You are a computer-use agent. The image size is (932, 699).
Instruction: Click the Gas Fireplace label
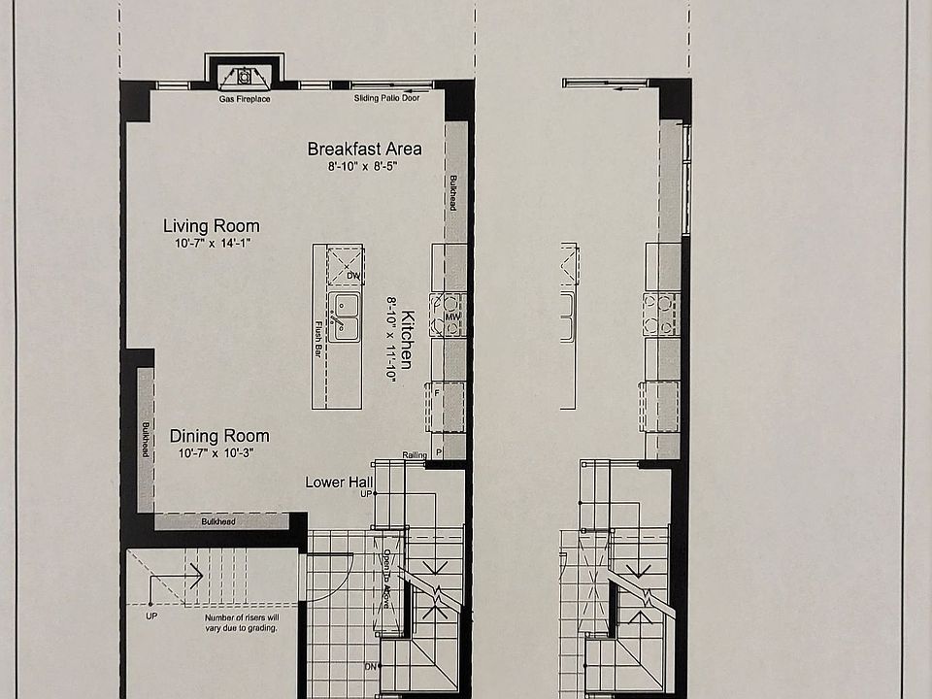pyautogui.click(x=245, y=99)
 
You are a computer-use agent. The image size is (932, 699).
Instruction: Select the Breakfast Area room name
pyautogui.click(x=364, y=149)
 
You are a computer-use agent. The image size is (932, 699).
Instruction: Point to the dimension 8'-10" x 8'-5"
pyautogui.click(x=363, y=166)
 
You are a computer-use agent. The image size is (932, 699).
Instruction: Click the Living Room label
pyautogui.click(x=211, y=226)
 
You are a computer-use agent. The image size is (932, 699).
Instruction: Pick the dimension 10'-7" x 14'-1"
pyautogui.click(x=213, y=244)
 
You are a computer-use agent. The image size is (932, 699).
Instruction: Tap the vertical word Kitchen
pyautogui.click(x=408, y=339)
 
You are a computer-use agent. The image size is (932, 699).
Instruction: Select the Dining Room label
pyautogui.click(x=219, y=436)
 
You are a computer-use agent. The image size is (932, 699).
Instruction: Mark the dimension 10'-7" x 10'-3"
pyautogui.click(x=216, y=452)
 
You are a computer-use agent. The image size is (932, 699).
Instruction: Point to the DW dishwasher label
pyautogui.click(x=352, y=276)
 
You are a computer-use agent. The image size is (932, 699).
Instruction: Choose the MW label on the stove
pyautogui.click(x=451, y=317)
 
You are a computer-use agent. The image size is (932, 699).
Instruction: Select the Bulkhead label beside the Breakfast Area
pyautogui.click(x=452, y=192)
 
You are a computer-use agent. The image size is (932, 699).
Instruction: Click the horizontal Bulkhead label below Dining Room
pyautogui.click(x=217, y=522)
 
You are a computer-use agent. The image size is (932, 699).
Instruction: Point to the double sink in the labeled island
pyautogui.click(x=342, y=317)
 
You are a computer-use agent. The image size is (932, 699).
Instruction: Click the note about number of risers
pyautogui.click(x=241, y=622)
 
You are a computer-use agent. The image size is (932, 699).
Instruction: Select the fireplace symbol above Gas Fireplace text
pyautogui.click(x=244, y=76)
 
